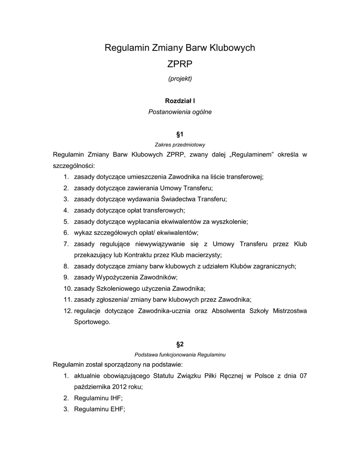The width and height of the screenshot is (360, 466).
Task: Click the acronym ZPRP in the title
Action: [180, 64]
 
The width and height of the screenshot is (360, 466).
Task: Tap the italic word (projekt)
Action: [180, 79]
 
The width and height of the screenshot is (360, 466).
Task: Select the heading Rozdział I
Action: [180, 101]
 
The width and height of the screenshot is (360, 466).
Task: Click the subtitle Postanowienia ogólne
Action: [180, 111]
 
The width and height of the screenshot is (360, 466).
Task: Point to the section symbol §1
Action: [180, 134]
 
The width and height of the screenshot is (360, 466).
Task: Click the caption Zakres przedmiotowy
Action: [180, 145]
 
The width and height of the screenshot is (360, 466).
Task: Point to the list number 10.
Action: [66, 289]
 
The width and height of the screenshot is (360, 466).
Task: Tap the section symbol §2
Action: [180, 344]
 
